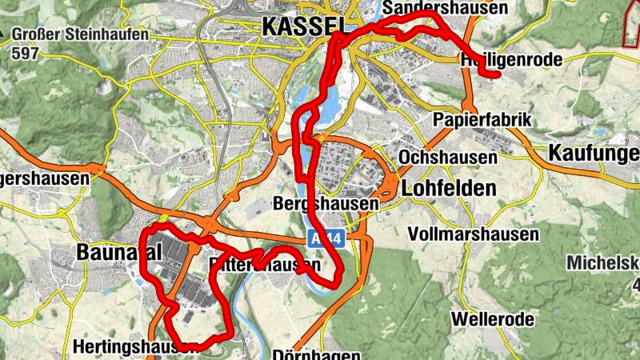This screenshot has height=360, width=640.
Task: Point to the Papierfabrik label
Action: (482, 119)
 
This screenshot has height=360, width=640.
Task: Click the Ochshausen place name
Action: (447, 157)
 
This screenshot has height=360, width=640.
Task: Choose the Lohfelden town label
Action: (448, 189)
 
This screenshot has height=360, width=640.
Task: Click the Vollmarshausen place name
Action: (472, 234)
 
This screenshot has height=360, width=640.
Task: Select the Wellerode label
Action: (492, 319)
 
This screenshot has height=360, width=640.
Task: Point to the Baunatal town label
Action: (119, 252)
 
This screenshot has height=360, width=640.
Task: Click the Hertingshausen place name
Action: (134, 347)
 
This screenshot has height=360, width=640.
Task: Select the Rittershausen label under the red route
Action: (264, 264)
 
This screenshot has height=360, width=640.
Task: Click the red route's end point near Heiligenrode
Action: (497, 75)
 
